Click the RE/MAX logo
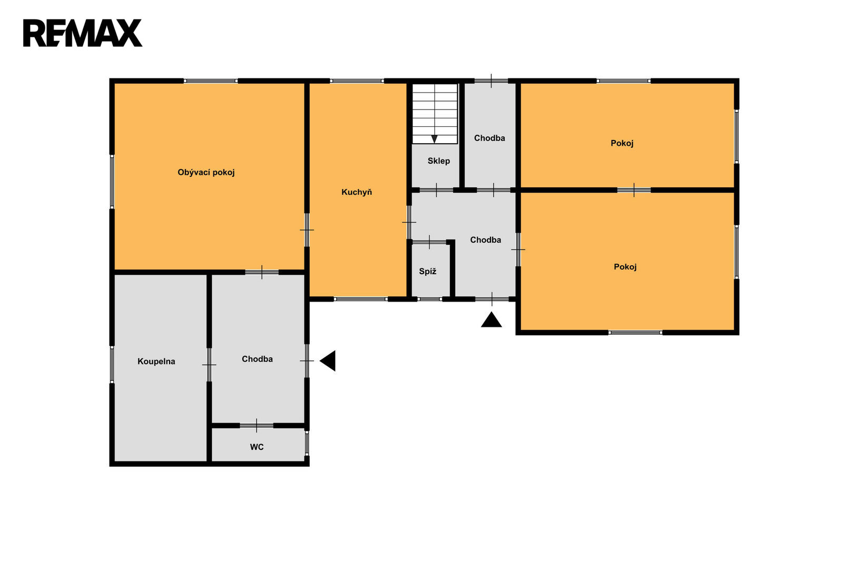click(x=82, y=33)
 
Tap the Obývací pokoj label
click(x=206, y=173)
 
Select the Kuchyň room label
click(x=356, y=192)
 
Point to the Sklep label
click(x=438, y=161)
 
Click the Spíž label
click(x=427, y=271)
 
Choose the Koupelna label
click(x=156, y=362)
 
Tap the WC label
click(x=257, y=447)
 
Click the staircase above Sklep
click(x=435, y=114)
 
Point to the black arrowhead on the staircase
click(x=434, y=139)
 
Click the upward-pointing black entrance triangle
click(x=491, y=319)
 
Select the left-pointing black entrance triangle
click(x=327, y=361)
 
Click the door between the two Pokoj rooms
click(x=634, y=190)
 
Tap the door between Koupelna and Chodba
click(x=209, y=365)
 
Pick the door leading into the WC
click(x=257, y=426)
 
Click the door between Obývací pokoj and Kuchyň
click(x=307, y=230)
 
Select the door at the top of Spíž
click(x=429, y=242)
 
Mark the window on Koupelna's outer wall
click(x=112, y=365)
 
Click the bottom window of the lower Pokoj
click(x=635, y=333)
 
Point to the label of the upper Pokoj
click(x=622, y=143)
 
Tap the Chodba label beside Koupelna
click(x=257, y=359)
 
